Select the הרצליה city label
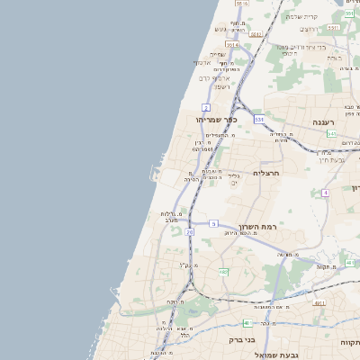click(268, 172)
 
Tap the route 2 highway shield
click(205, 107)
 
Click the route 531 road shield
click(259, 118)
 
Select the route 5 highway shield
click(213, 222)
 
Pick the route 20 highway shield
click(190, 232)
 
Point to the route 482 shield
click(223, 271)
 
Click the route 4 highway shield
click(325, 192)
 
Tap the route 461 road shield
click(319, 303)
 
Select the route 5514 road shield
click(231, 44)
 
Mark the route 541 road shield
click(332, 133)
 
